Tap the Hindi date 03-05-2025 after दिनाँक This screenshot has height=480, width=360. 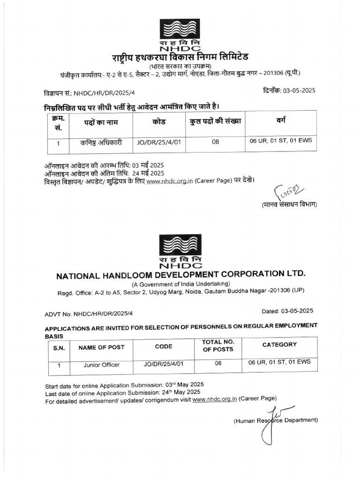point(299,91)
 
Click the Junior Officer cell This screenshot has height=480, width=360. point(101,365)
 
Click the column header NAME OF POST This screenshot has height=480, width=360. point(101,347)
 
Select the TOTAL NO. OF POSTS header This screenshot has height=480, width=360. point(217,346)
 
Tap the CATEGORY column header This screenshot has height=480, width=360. point(279,345)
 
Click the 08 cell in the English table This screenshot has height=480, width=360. point(218,363)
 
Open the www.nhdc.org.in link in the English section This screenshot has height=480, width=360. point(214,399)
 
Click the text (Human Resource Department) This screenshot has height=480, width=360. point(276,420)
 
